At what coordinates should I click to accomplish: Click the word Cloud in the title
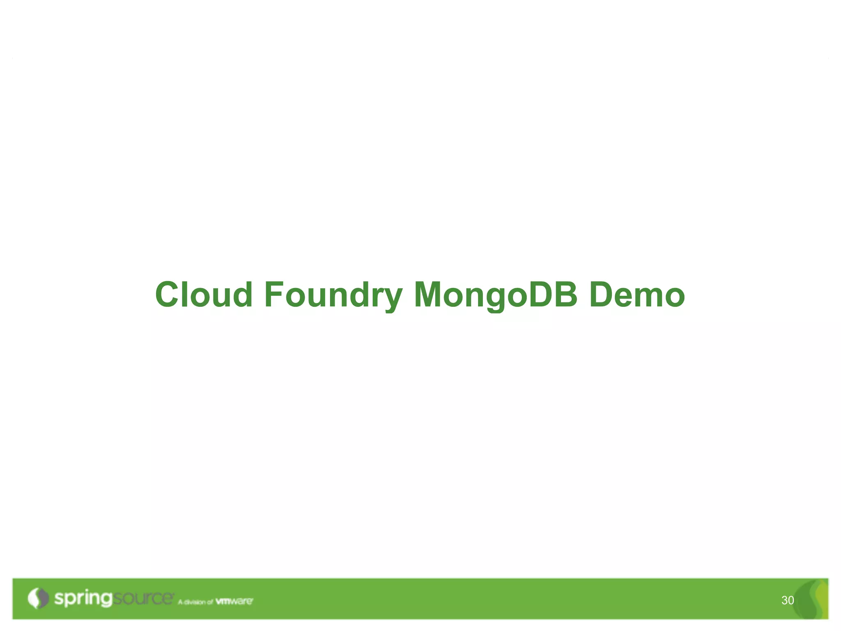click(204, 295)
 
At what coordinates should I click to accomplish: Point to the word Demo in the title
click(637, 295)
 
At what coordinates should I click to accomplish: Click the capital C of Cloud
click(168, 295)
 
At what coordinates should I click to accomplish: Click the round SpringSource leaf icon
click(38, 598)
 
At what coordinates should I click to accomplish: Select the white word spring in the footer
click(83, 599)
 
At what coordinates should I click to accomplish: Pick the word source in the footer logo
click(143, 598)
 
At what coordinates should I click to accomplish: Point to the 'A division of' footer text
click(195, 602)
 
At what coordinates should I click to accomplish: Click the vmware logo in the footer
click(234, 601)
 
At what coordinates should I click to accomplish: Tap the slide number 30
click(788, 601)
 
